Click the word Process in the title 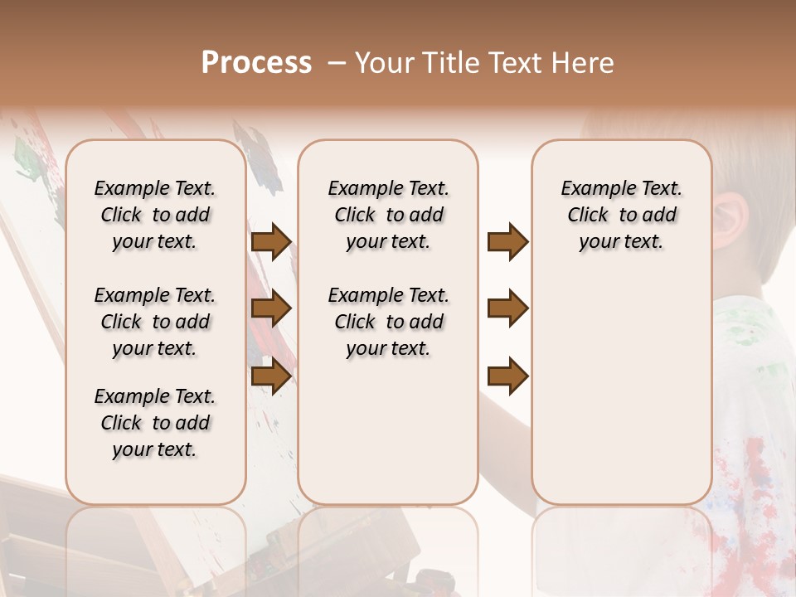tap(256, 63)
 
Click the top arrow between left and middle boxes tap(271, 242)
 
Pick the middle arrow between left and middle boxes tap(271, 308)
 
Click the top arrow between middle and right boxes tap(507, 242)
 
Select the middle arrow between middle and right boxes tap(507, 308)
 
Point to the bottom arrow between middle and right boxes tap(507, 376)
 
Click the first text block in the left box tap(155, 215)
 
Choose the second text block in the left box tap(155, 322)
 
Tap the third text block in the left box tap(155, 423)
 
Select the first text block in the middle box tap(389, 215)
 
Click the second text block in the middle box tap(389, 322)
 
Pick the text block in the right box tap(622, 215)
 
